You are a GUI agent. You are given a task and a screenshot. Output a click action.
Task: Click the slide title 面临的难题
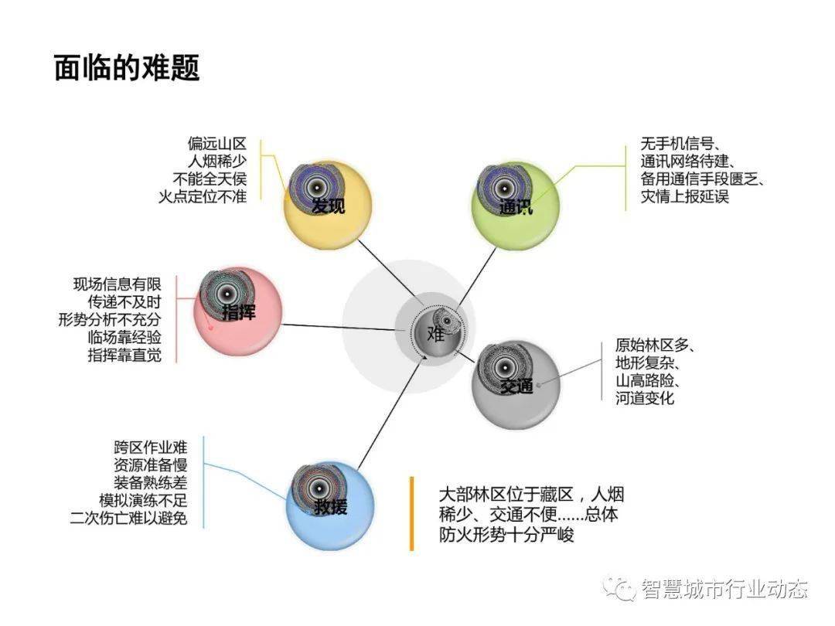127,67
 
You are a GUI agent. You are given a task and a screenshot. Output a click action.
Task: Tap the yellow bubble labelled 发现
327,205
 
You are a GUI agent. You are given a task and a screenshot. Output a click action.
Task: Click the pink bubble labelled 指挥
237,312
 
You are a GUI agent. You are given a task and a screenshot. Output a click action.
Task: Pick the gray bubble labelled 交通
516,385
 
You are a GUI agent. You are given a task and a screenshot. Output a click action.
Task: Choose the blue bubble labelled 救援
330,505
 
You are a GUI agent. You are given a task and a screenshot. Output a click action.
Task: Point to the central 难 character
435,334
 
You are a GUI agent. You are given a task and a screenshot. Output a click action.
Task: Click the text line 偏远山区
216,144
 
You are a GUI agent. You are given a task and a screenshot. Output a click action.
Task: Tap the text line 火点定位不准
203,196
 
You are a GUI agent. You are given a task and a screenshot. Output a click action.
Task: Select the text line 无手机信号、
680,144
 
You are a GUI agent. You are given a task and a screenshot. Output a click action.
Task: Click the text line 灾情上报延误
684,196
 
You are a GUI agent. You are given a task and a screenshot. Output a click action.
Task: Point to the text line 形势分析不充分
110,319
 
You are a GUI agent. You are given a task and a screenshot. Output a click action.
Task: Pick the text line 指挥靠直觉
124,355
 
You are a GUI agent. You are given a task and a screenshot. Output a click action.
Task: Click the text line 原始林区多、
655,345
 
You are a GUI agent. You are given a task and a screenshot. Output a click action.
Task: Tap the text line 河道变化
645,398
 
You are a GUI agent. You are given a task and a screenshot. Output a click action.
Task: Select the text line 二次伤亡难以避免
128,517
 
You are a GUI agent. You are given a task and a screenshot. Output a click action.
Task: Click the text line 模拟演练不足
143,500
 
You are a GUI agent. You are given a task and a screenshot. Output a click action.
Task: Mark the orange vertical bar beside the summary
411,513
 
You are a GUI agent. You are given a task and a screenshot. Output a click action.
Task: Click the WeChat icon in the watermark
620,587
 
